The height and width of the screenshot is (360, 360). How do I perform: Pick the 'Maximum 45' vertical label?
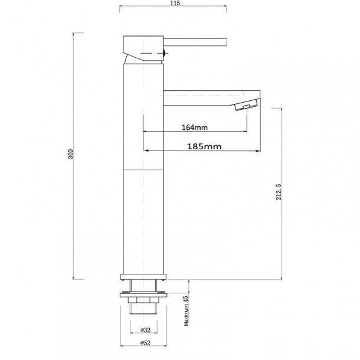click(186, 311)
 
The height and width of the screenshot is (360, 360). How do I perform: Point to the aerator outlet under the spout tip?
click(245, 106)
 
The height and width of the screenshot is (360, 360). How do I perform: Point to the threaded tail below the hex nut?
click(144, 316)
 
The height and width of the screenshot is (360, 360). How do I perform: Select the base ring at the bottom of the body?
click(144, 277)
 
